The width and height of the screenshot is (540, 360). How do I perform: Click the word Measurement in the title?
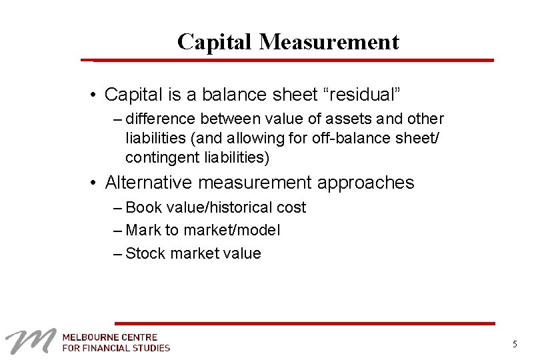click(x=329, y=42)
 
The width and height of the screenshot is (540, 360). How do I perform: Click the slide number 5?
click(x=515, y=344)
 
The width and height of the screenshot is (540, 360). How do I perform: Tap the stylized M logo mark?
click(x=29, y=341)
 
